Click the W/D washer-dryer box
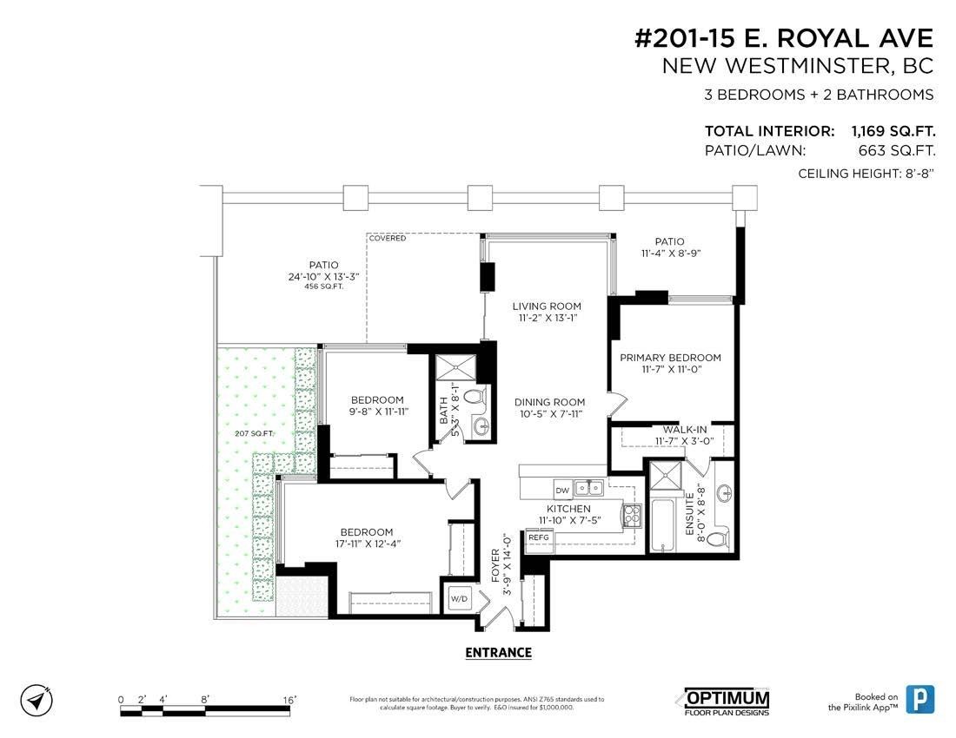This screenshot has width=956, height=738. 459,598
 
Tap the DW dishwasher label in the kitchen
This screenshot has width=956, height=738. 562,491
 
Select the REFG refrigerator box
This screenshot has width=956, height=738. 538,538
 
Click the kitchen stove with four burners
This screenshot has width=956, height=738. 630,515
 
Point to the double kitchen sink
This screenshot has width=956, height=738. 589,487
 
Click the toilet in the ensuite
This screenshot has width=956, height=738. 720,539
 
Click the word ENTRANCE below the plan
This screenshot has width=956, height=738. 498,653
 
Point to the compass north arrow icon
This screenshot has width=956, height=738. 37,701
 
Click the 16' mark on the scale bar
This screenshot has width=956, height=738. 289,700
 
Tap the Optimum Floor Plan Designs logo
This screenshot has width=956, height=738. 722,702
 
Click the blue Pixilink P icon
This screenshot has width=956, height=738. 919,699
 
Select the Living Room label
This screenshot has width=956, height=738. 547,306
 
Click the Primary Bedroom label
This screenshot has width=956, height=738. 670,358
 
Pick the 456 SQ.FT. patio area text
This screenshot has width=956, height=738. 323,287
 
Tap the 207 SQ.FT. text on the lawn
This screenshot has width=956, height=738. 255,433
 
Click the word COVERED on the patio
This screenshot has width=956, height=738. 387,238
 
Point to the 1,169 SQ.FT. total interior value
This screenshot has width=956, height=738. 893,131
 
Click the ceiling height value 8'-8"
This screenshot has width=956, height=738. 918,174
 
